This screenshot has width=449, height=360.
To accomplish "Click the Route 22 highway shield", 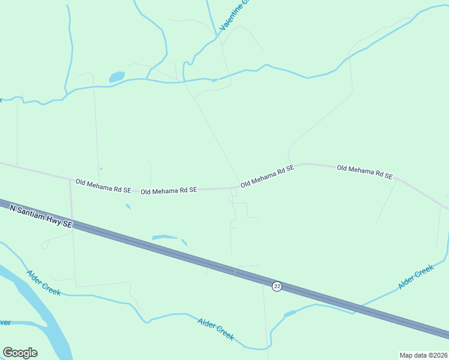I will pos(277,286).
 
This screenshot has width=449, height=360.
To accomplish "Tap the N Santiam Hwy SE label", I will pos(41,215).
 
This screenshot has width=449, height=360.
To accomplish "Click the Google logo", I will pos(20,353).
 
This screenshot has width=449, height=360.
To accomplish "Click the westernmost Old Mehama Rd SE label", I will pos(103,185).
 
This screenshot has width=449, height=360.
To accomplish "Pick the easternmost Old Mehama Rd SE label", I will pos(365,172).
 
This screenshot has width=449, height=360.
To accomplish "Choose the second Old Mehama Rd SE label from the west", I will pos(169,190).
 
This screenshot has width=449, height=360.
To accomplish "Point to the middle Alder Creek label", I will pos(215,329).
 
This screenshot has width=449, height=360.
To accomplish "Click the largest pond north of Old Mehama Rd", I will pos(116,77).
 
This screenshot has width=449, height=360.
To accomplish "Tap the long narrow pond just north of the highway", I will pos(165,237).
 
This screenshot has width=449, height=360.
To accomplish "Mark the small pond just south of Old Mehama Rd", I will pos(128,207).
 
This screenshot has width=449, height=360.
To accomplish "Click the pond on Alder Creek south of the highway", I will pos(290,314).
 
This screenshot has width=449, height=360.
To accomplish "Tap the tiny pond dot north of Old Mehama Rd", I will pos(101,169).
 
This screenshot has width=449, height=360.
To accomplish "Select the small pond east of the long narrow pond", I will pos(184,242).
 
